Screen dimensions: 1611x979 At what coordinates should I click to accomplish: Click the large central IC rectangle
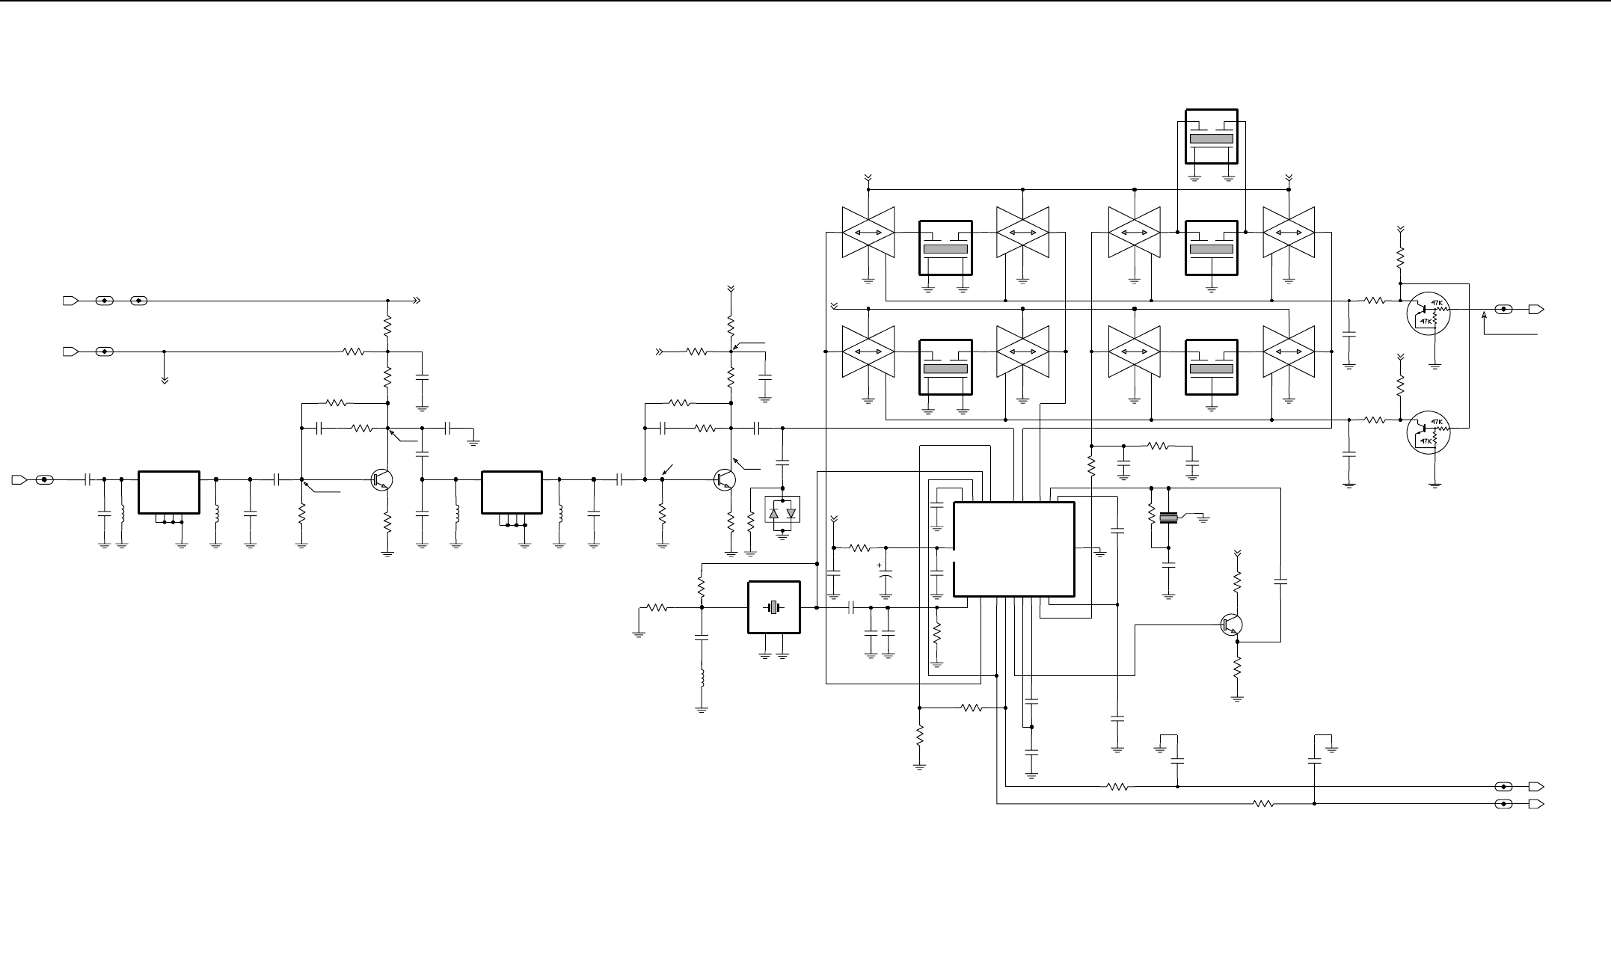coord(1014,549)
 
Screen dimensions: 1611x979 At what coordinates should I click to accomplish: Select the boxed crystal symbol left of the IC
coord(773,607)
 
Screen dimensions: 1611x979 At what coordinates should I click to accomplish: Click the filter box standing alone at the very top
coord(1212,136)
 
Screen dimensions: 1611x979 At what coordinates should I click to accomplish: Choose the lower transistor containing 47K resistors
coord(1428,432)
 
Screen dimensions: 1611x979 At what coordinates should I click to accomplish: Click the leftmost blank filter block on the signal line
coord(169,492)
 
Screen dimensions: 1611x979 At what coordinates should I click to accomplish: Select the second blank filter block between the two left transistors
coord(512,492)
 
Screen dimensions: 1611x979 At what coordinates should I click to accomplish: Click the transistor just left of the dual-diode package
coord(725,479)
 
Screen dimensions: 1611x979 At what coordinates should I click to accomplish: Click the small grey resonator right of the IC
coord(1167,518)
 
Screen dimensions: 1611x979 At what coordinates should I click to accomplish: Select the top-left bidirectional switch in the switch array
coord(868,233)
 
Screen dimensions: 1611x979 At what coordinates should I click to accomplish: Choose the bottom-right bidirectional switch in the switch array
coord(1289,352)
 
